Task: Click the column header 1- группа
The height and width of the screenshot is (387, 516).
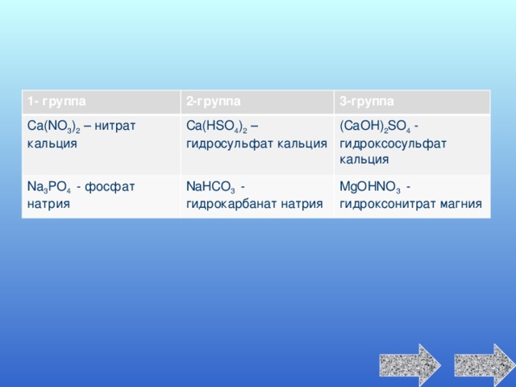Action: coord(56,102)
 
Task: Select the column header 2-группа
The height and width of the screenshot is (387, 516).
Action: coord(213,102)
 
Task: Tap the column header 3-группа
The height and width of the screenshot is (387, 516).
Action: coord(367,102)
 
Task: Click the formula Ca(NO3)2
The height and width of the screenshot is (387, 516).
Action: coord(54,127)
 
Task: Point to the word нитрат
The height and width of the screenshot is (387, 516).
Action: coord(114,127)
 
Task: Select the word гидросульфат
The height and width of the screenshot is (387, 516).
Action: coord(230,144)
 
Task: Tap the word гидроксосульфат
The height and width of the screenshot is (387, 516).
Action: coord(393,144)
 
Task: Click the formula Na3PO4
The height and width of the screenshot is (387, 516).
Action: coord(48,187)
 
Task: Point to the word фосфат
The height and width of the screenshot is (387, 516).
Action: coord(110,187)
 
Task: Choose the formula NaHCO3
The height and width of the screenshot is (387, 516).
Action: coord(210,187)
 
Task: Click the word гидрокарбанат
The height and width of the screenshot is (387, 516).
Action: coord(231,204)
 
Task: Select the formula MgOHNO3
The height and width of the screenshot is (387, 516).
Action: coord(370,187)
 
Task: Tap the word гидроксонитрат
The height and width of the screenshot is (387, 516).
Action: coord(388,204)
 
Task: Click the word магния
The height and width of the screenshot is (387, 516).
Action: coord(461,204)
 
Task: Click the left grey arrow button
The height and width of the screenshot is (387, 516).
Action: coord(410,365)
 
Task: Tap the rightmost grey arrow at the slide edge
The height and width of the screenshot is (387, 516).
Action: coord(485,365)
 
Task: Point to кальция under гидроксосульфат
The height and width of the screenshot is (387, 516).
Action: coord(364,160)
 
